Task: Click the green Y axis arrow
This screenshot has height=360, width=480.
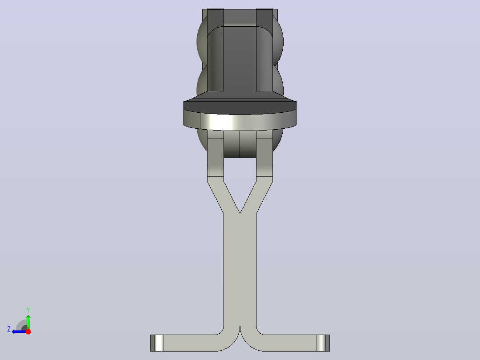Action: (28, 322)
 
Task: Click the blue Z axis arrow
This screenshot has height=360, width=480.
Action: (19, 331)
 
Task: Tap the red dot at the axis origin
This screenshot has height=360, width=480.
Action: (28, 331)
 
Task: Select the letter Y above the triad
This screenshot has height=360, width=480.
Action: (28, 310)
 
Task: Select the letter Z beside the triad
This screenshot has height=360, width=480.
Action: (9, 329)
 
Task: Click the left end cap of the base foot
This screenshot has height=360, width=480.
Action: (156, 343)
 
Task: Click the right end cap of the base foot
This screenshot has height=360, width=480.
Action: (323, 343)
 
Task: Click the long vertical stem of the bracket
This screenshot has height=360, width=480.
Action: (240, 270)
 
